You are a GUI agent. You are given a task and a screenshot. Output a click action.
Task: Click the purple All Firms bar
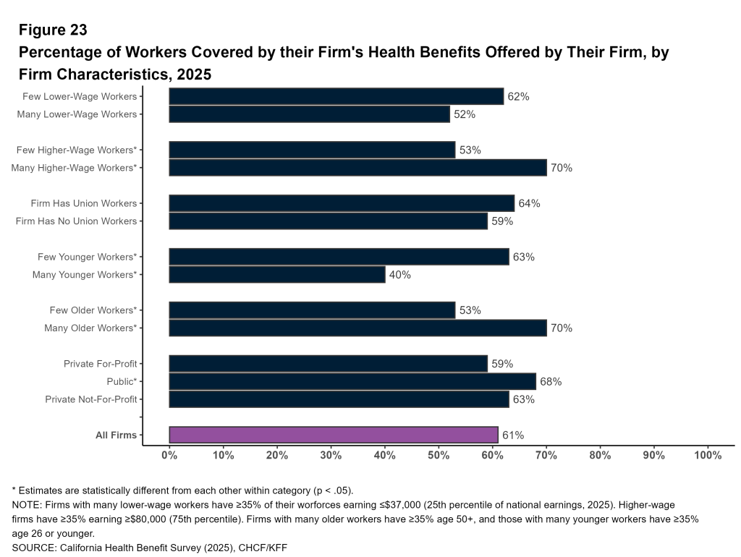click(334, 435)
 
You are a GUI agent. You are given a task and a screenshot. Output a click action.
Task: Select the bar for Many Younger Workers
click(277, 275)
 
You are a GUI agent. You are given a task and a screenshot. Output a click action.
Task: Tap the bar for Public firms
click(352, 381)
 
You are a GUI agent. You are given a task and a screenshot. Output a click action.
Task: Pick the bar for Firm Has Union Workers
click(342, 203)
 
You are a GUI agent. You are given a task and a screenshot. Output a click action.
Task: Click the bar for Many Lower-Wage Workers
click(309, 114)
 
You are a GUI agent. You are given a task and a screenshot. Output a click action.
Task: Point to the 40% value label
click(400, 275)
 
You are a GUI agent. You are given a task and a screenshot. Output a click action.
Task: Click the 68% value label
click(551, 381)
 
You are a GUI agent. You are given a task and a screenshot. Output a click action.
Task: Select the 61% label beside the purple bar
click(513, 435)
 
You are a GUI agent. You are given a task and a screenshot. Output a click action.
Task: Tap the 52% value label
click(465, 114)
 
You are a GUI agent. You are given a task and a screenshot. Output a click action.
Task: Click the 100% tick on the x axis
click(707, 455)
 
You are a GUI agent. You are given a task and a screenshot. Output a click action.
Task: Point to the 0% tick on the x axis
click(169, 455)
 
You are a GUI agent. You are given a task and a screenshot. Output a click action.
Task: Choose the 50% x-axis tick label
click(439, 455)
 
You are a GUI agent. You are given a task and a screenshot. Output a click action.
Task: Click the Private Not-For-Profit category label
click(90, 399)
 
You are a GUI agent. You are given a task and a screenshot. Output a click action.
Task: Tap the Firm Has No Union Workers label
click(76, 221)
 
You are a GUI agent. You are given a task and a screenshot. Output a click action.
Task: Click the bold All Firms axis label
click(116, 435)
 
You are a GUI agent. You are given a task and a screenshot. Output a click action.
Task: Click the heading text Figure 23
click(53, 30)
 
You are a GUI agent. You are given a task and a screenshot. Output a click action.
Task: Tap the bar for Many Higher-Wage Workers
click(357, 168)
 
